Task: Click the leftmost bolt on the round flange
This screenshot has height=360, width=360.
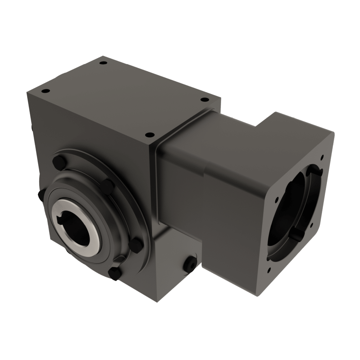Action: tap(40, 196)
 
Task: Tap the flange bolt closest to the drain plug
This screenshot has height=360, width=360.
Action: tap(136, 245)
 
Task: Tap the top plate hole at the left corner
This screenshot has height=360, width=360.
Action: tap(45, 91)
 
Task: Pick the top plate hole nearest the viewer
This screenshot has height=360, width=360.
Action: tap(149, 135)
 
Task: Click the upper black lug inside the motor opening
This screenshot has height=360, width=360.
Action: tap(315, 172)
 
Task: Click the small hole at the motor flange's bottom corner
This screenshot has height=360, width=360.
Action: tap(269, 270)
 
